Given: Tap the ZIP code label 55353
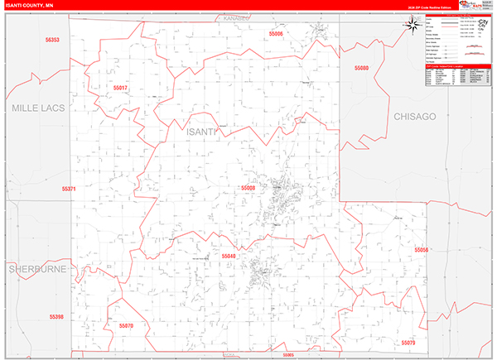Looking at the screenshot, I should (x=53, y=40).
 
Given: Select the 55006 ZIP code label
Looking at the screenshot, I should (x=276, y=34).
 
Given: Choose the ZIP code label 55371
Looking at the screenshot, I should (x=69, y=189).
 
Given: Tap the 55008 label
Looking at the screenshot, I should (x=248, y=188).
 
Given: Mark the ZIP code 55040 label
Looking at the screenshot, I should (x=229, y=257).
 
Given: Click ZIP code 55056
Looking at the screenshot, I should (x=421, y=249).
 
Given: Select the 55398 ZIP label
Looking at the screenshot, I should (x=55, y=316).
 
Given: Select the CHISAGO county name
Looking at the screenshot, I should (x=414, y=118).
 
